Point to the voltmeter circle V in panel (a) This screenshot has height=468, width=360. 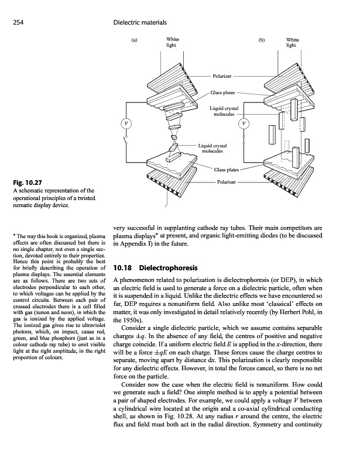[124, 122]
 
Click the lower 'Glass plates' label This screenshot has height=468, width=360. [225, 170]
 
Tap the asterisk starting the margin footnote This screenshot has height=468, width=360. [5, 236]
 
